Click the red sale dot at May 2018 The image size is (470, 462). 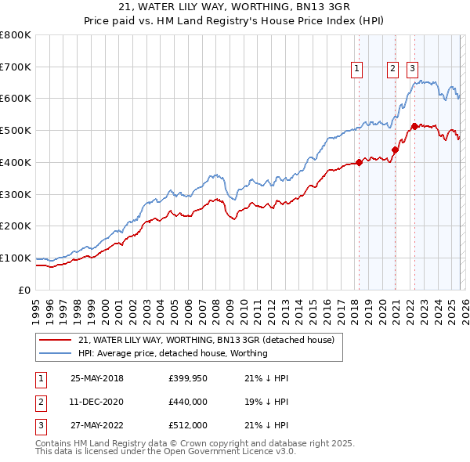pyautogui.click(x=359, y=163)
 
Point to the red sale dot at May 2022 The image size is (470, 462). pyautogui.click(x=414, y=125)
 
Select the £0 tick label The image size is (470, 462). pyautogui.click(x=25, y=290)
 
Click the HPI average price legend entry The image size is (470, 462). pyautogui.click(x=173, y=353)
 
